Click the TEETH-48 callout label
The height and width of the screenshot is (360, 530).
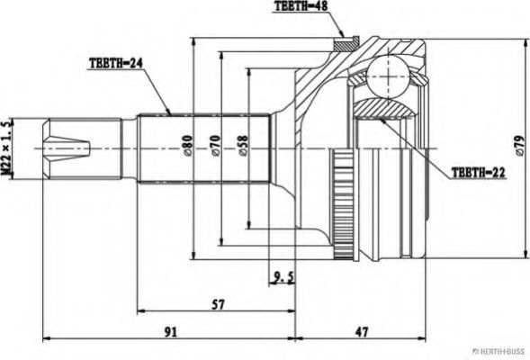click(x=301, y=6)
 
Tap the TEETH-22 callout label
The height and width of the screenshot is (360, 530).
click(x=478, y=173)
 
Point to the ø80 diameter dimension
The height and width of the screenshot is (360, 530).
click(x=187, y=146)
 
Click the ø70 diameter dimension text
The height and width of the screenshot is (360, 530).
click(x=215, y=146)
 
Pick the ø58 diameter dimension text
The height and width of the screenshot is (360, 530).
click(x=243, y=146)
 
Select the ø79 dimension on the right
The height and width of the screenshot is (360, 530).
click(x=519, y=146)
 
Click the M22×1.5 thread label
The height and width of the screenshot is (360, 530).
click(x=7, y=148)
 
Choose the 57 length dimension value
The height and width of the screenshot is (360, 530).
click(x=218, y=304)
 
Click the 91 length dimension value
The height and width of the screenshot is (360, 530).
click(x=171, y=331)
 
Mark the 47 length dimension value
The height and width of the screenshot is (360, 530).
click(x=362, y=331)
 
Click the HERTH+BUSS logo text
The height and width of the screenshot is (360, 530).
click(x=500, y=352)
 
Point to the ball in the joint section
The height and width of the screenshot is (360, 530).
click(x=388, y=77)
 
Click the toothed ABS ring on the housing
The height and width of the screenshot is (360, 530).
click(x=343, y=204)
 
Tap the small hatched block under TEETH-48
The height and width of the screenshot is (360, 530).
click(x=346, y=43)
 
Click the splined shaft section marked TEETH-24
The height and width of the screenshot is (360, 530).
click(x=204, y=148)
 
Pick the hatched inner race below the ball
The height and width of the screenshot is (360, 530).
click(x=384, y=108)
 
